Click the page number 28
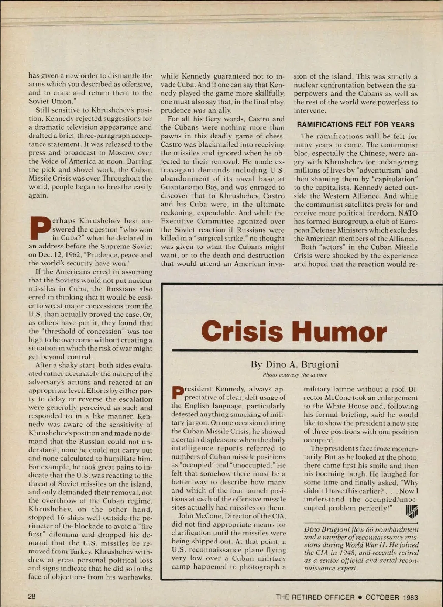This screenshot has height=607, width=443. [32, 596]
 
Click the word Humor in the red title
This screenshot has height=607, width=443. [340, 331]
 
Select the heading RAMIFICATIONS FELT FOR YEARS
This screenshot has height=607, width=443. [356, 125]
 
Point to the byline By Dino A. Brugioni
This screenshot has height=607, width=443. [294, 364]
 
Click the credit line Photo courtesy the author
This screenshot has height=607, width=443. [295, 375]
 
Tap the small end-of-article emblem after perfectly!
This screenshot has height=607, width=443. [412, 511]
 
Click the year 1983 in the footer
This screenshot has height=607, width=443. [411, 597]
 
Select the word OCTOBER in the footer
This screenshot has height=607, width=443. [382, 597]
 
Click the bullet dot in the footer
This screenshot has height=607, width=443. [360, 597]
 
